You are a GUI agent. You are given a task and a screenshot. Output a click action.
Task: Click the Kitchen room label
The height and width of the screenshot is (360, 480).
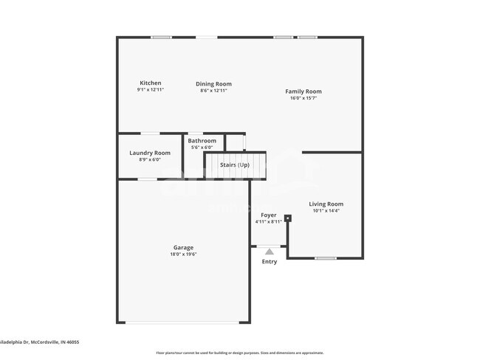click(x=150, y=83)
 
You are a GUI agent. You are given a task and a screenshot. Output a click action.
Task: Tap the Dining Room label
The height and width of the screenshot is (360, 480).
click(x=213, y=84)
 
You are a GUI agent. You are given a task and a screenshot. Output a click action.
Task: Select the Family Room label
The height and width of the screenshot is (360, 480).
click(x=304, y=91)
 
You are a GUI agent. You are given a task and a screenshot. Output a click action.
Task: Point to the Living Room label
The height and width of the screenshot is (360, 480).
click(x=326, y=204)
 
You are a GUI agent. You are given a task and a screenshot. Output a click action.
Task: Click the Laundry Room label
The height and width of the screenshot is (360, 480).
click(x=150, y=153)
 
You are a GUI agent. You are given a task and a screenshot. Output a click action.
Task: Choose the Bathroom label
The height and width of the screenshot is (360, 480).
click(x=202, y=141)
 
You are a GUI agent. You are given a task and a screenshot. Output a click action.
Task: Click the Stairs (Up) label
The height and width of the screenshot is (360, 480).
click(x=234, y=165)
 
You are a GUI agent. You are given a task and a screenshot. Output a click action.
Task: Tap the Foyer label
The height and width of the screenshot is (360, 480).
click(x=269, y=215)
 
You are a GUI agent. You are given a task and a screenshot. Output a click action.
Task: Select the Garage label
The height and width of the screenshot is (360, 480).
click(x=183, y=248)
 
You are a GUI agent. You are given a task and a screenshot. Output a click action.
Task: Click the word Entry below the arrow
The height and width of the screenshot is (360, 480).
click(x=270, y=262)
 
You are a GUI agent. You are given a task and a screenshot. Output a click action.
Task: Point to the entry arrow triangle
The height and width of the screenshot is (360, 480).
click(x=270, y=252)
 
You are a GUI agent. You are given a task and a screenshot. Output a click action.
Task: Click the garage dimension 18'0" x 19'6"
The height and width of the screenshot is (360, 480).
click(x=183, y=255)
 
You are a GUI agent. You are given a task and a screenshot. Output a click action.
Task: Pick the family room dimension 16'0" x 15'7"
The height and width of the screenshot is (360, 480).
click(x=304, y=98)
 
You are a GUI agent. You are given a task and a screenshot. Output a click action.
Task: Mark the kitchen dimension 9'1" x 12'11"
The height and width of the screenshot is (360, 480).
click(x=150, y=90)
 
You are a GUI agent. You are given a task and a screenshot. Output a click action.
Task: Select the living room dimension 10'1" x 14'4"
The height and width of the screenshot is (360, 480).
click(x=326, y=211)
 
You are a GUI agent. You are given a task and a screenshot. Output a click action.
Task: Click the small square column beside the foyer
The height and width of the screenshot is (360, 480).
click(x=288, y=218)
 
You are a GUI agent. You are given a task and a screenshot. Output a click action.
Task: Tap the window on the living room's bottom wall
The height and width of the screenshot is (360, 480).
click(x=326, y=258)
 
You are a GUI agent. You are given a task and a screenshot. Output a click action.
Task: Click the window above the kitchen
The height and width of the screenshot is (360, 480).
click(x=161, y=37)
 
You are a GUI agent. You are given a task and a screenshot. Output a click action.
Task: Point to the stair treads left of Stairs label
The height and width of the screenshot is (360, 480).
click(x=212, y=165)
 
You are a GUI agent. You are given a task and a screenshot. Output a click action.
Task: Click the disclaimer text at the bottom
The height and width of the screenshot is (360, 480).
click(x=239, y=353)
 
